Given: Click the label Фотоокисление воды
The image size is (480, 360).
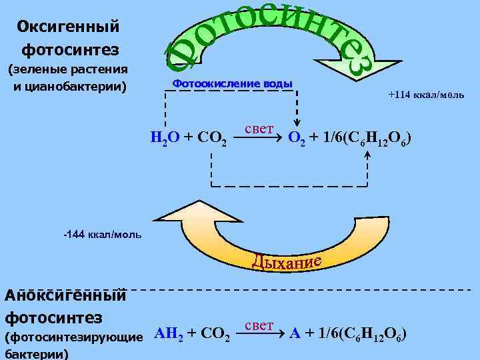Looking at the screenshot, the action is click(x=232, y=83).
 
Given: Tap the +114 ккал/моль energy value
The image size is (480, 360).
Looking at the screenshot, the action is click(x=426, y=95).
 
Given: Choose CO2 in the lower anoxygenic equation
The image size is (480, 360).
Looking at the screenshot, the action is click(x=217, y=335).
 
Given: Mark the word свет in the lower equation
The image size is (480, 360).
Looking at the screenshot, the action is click(x=259, y=325).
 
